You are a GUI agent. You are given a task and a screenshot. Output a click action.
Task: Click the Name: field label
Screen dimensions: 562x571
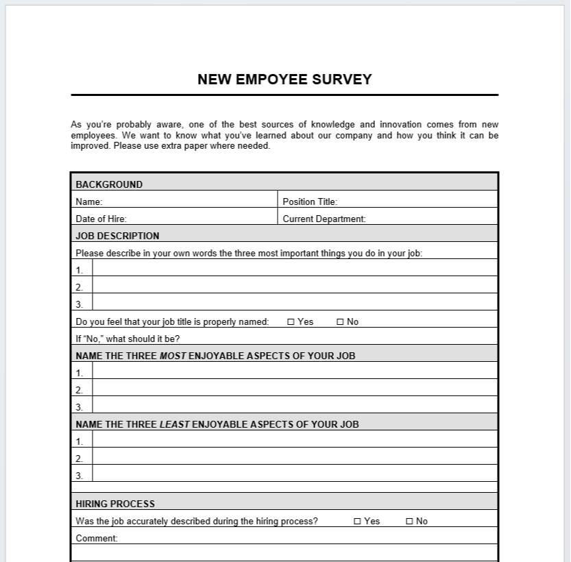click(x=89, y=202)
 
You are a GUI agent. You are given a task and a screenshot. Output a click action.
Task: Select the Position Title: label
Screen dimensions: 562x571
click(x=310, y=202)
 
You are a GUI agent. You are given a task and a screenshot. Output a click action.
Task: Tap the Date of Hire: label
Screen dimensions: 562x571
click(x=101, y=219)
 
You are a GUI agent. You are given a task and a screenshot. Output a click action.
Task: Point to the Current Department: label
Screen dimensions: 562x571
click(x=324, y=219)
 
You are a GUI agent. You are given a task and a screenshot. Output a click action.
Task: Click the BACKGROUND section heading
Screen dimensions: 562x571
click(x=109, y=184)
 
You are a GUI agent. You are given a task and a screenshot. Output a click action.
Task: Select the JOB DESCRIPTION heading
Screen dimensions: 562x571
click(x=117, y=236)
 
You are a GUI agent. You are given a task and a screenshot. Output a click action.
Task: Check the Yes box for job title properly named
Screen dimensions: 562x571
click(x=291, y=322)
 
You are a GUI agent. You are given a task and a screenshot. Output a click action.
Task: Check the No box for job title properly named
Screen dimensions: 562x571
click(x=340, y=322)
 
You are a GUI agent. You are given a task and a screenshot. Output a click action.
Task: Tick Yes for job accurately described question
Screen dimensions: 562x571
click(x=357, y=522)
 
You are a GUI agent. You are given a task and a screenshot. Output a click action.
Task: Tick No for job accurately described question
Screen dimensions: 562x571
click(x=409, y=522)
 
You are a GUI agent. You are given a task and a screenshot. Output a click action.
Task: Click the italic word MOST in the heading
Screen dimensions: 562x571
click(x=173, y=356)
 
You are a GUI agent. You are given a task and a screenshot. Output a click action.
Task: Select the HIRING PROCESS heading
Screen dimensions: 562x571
click(x=115, y=504)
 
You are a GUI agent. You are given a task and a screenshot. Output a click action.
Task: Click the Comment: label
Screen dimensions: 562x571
click(x=97, y=539)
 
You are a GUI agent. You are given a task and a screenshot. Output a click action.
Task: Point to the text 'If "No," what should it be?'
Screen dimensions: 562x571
click(x=127, y=339)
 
